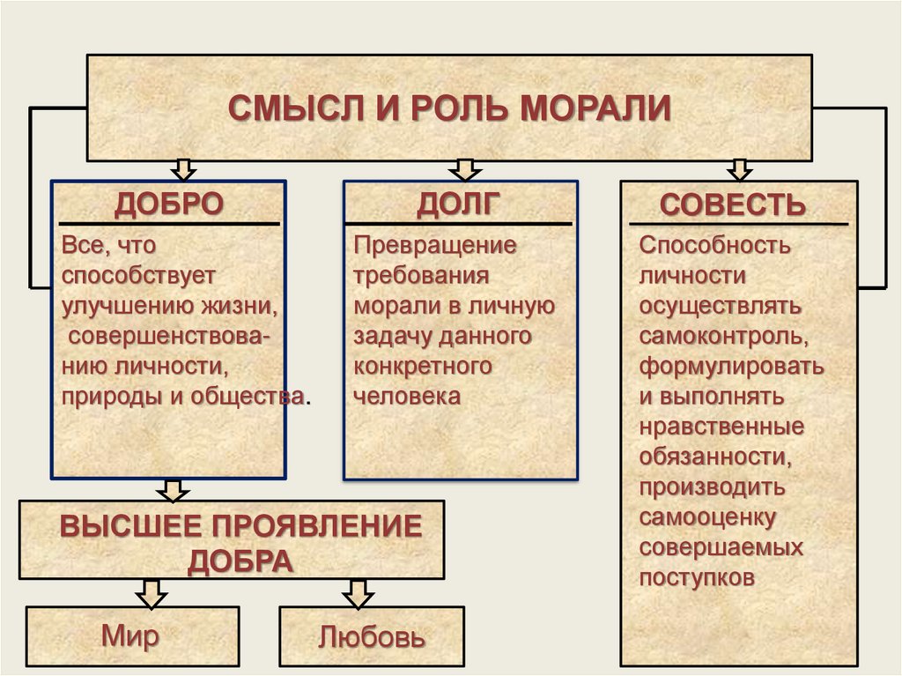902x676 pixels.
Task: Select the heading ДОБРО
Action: pyautogui.click(x=168, y=204)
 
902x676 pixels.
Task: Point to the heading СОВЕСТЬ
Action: pyautogui.click(x=733, y=205)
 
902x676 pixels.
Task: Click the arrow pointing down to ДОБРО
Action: pyautogui.click(x=183, y=169)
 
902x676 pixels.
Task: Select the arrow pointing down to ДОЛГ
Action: pyautogui.click(x=465, y=169)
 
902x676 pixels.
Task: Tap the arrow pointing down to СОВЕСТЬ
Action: pyautogui.click(x=739, y=169)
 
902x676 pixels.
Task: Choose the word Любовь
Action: pyautogui.click(x=372, y=636)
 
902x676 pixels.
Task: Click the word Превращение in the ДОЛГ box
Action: pyautogui.click(x=434, y=244)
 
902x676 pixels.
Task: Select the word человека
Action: pyautogui.click(x=407, y=396)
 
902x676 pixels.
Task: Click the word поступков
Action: pyautogui.click(x=697, y=578)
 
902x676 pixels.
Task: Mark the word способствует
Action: pyautogui.click(x=138, y=274)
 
